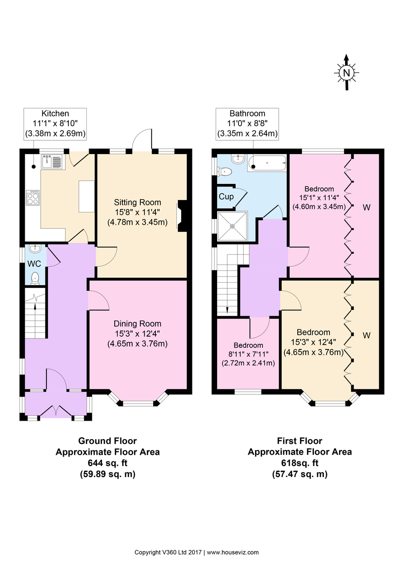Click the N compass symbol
click(347, 73)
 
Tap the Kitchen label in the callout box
click(55, 113)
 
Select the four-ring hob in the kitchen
click(33, 197)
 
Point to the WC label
click(34, 263)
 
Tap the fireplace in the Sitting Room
click(182, 216)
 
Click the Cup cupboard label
click(226, 196)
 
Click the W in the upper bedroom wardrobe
click(366, 207)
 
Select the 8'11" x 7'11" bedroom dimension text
click(248, 354)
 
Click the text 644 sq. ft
click(108, 463)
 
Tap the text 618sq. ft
click(300, 463)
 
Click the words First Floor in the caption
click(300, 441)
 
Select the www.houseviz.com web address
click(233, 552)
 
